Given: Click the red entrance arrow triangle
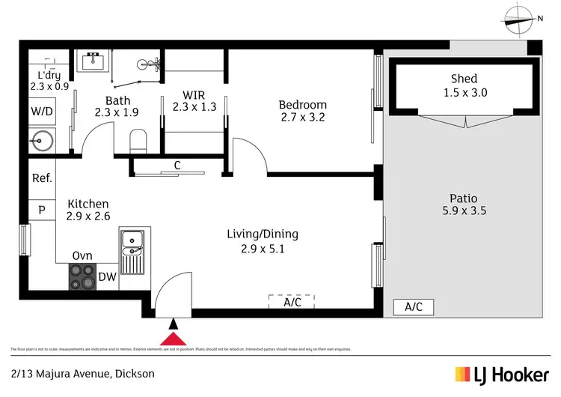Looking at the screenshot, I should click(x=174, y=339).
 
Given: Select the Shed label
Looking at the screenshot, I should click(x=464, y=79).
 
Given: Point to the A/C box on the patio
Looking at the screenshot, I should click(x=413, y=306).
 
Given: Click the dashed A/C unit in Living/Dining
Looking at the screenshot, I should click(x=292, y=301).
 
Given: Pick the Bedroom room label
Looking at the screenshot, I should click(x=303, y=105).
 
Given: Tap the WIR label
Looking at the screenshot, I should click(x=194, y=95).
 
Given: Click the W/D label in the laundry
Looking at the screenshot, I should click(x=40, y=112).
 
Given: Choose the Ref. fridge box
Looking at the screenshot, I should click(x=41, y=178).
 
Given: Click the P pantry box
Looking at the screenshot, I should click(x=41, y=210).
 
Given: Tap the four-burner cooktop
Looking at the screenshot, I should click(x=81, y=277).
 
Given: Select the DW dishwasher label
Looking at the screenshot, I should click(x=107, y=277).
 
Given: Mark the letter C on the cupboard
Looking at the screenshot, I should click(x=177, y=165).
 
